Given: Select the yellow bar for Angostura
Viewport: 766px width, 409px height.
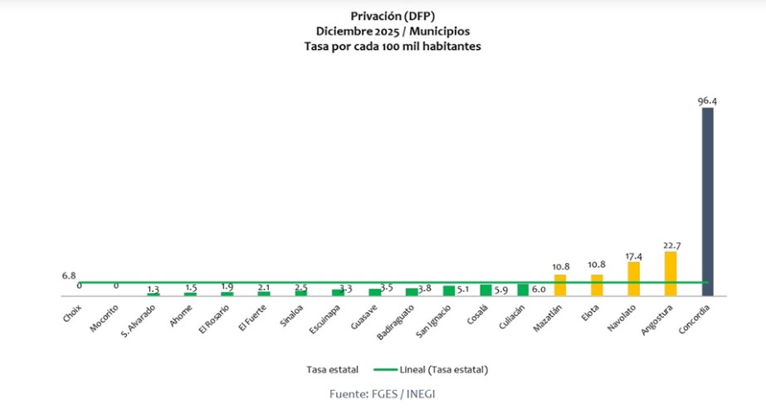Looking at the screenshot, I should coord(671,273).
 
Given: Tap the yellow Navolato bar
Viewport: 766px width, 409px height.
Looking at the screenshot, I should coord(633,278).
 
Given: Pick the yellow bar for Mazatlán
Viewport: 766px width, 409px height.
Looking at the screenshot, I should coord(559,285).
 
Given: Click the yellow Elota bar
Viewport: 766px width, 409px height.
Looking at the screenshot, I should coord(597,285).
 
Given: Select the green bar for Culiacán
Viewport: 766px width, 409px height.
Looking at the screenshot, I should coord(523,290).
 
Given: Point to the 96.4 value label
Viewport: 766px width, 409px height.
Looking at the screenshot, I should coord(707,101).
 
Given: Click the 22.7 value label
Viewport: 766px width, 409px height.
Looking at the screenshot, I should coord(671,245).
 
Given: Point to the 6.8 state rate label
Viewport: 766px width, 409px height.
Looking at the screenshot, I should coord(69,275).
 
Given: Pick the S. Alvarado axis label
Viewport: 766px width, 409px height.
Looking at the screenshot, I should coord(138,323).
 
